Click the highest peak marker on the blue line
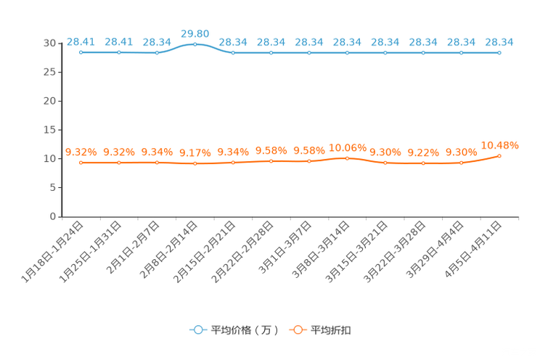(195, 44)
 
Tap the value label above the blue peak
(195, 33)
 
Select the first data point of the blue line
(81, 52)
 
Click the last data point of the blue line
(499, 52)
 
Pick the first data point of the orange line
(81, 162)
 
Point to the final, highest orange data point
(499, 155)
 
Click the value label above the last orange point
(499, 144)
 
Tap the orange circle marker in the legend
(297, 330)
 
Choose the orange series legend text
(331, 330)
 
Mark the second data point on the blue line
(119, 52)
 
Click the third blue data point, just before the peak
(157, 52)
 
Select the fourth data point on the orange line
(195, 163)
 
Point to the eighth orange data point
(347, 157)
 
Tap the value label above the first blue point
(81, 41)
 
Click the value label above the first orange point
(81, 152)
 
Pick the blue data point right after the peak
(233, 52)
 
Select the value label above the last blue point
(499, 41)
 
